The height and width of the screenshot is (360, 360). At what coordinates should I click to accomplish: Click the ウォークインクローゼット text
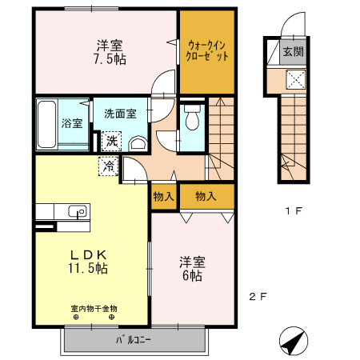pos(207,51)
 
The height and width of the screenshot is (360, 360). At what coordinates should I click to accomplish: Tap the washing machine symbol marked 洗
pos(113,141)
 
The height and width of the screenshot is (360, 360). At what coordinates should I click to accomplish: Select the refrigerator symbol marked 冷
pos(107,166)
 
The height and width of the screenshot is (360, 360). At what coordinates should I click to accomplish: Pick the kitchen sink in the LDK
pos(78,211)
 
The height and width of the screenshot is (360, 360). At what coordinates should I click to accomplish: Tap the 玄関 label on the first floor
pos(293,52)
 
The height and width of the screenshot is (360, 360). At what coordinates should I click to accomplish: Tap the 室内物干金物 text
pos(93,308)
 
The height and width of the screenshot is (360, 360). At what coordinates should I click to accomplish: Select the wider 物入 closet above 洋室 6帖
pos(206,195)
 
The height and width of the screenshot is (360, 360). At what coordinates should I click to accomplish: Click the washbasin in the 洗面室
pos(138,143)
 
